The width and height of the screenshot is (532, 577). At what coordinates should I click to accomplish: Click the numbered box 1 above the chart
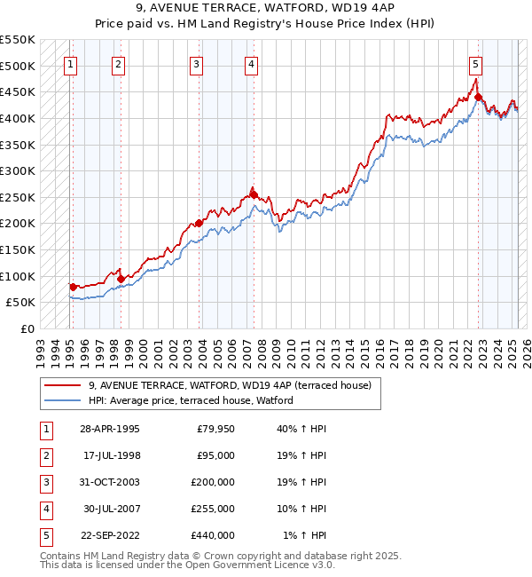(70, 64)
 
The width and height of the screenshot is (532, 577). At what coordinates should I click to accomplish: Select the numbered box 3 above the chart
(195, 64)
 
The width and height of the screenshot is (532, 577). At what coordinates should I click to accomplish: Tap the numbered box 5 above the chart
(475, 64)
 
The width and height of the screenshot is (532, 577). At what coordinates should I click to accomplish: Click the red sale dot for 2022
(478, 98)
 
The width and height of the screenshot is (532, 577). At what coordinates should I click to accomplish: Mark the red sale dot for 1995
(73, 287)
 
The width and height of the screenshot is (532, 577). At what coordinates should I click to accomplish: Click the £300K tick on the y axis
(17, 170)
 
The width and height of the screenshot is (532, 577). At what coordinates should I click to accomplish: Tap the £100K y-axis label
(17, 276)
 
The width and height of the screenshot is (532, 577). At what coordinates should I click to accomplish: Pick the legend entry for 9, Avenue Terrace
(235, 385)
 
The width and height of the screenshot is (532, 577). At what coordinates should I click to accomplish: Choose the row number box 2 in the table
(45, 456)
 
